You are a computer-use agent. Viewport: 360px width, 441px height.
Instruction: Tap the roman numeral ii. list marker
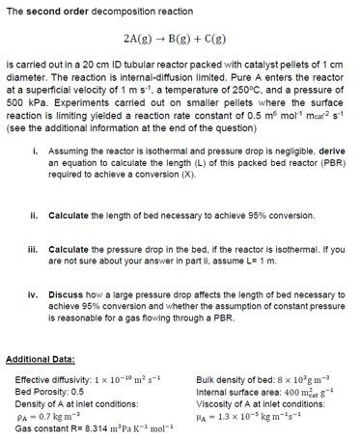[x=35, y=213]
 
